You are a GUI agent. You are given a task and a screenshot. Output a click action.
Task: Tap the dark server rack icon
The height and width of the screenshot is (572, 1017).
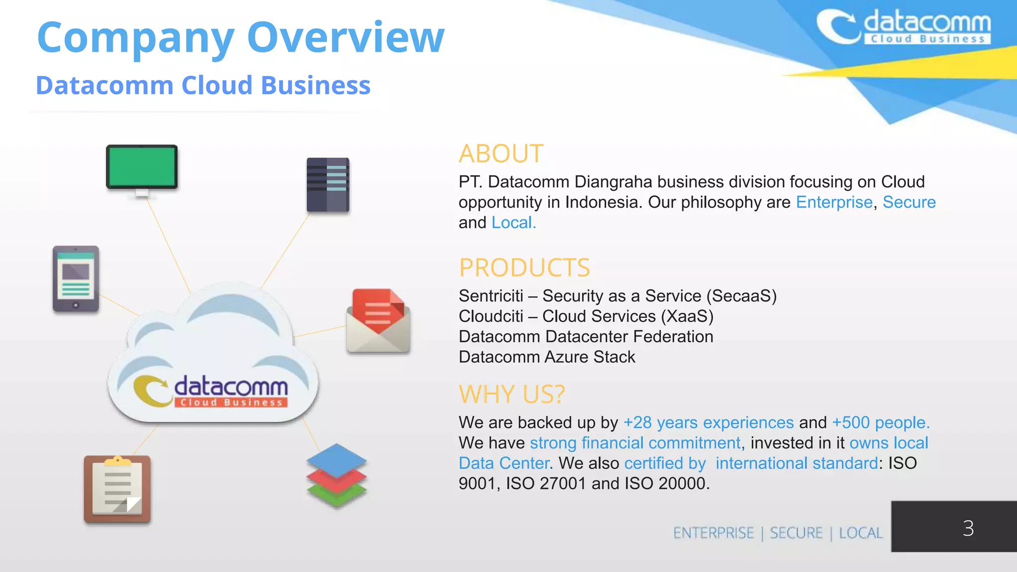coord(328,185)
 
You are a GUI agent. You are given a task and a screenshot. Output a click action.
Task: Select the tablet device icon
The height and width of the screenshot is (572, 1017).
coord(75,279)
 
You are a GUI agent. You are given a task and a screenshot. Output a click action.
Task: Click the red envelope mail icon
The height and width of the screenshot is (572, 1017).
coord(378,321)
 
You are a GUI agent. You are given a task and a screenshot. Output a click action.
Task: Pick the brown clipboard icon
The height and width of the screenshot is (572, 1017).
coord(117,489)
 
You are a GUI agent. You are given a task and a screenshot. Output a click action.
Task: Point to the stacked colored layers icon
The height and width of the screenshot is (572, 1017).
coord(336,475)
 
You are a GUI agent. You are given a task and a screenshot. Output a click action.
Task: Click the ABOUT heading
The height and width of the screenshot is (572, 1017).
coord(501,153)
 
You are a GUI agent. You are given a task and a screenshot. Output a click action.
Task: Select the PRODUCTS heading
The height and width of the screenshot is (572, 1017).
coord(524,268)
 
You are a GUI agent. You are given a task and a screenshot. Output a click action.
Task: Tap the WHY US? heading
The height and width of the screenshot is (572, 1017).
coord(511,394)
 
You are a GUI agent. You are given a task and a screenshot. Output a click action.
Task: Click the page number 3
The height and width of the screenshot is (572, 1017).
coord(968,528)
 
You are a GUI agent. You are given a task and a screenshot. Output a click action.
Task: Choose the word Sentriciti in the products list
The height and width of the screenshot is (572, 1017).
coord(491,296)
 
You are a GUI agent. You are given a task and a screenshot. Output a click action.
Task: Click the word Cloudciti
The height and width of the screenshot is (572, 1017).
coord(491,316)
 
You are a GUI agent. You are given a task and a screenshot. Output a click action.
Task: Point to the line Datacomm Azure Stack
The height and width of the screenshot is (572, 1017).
coord(547,357)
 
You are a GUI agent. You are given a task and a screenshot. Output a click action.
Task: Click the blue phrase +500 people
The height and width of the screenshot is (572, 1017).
coord(880,423)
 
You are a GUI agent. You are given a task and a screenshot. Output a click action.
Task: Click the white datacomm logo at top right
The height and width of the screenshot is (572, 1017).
coord(904,27)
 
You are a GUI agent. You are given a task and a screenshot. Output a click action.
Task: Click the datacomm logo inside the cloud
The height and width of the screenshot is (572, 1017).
coord(211,391)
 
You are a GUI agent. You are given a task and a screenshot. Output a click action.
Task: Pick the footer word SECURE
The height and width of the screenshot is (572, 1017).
coord(796,533)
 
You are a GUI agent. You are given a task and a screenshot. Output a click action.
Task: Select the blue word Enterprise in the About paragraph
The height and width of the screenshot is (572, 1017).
coord(834,203)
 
